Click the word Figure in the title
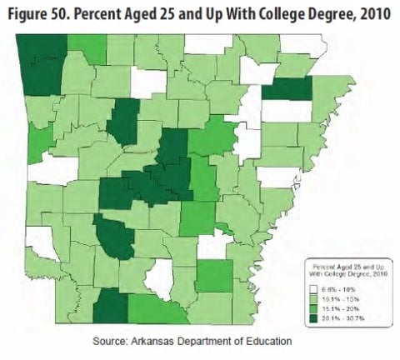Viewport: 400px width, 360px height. pyautogui.click(x=31, y=16)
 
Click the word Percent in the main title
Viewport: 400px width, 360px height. pyautogui.click(x=112, y=16)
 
